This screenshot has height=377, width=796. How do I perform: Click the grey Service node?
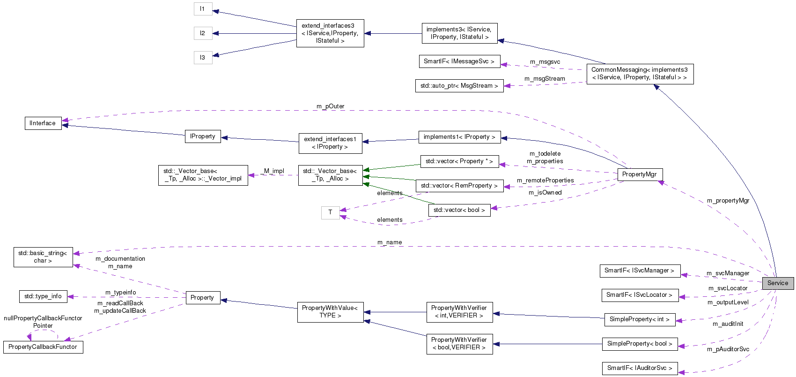tap(778, 283)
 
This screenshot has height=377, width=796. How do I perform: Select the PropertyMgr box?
tap(639, 174)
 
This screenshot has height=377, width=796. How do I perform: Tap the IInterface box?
tap(43, 123)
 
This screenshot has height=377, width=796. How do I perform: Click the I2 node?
tap(203, 33)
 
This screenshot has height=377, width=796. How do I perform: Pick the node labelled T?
tap(330, 212)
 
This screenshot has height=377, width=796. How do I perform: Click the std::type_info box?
tap(43, 296)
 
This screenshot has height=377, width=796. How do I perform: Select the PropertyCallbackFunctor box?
tap(43, 347)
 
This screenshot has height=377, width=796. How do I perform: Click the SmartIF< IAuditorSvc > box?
tap(639, 368)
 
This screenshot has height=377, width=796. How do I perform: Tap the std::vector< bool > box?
tap(459, 210)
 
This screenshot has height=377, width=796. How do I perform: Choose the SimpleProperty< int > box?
tap(639, 319)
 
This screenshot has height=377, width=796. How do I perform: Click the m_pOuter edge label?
tap(330, 106)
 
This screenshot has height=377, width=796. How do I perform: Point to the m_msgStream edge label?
tap(545, 79)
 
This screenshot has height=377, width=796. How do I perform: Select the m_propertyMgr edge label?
tap(728, 201)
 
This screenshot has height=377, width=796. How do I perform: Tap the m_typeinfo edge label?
tap(120, 293)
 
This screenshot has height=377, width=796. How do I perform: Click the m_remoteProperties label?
tap(545, 181)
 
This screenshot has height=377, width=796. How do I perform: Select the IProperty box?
tap(203, 136)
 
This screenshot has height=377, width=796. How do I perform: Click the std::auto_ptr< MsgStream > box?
tap(459, 86)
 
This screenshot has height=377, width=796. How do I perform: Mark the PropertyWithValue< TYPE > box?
tap(330, 312)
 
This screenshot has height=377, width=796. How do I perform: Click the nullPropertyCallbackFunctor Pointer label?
tap(43, 322)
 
